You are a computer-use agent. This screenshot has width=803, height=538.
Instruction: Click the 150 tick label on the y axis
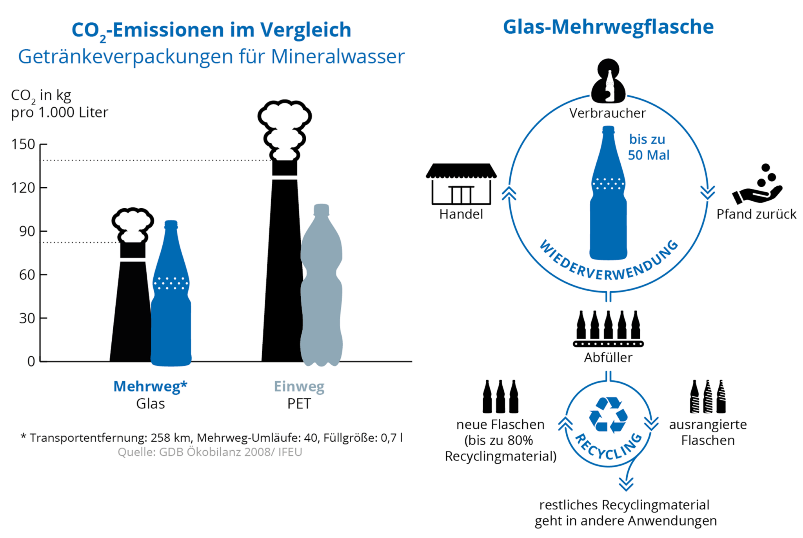tap(23, 144)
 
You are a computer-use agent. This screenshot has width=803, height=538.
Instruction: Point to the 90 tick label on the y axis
tap(27, 231)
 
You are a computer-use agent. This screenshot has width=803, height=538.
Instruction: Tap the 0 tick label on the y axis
tap(31, 361)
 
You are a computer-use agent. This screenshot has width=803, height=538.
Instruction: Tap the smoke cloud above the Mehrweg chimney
tap(133, 224)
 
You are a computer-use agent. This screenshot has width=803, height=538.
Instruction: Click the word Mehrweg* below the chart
tap(150, 386)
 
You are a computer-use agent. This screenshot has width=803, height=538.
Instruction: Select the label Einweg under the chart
tap(299, 386)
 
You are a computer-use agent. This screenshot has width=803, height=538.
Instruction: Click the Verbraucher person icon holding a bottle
tap(608, 81)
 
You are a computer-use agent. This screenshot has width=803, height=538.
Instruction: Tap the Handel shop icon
tap(461, 184)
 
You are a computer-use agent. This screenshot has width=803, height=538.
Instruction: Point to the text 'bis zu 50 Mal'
tap(648, 147)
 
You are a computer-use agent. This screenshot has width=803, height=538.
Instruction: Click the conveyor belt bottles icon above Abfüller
tap(608, 329)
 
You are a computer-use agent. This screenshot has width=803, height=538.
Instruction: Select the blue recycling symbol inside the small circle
tap(608, 415)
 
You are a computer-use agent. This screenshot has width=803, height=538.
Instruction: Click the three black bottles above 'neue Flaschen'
tap(500, 397)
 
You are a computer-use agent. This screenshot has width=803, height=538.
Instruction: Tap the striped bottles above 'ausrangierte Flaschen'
tap(708, 397)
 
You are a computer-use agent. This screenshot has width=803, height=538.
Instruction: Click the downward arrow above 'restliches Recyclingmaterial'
tap(626, 483)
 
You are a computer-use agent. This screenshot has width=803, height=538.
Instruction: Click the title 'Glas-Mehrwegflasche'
tap(608, 27)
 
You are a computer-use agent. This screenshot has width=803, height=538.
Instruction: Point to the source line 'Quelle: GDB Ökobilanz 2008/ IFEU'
tap(210, 452)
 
